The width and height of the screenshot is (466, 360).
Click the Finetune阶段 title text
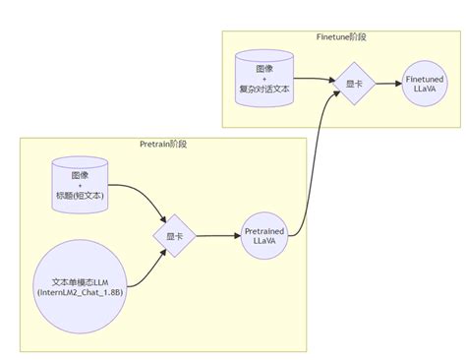click(342, 36)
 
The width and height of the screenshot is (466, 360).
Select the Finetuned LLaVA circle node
click(426, 83)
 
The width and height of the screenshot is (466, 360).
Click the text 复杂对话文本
click(263, 90)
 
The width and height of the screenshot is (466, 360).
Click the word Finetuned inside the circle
click(426, 77)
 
